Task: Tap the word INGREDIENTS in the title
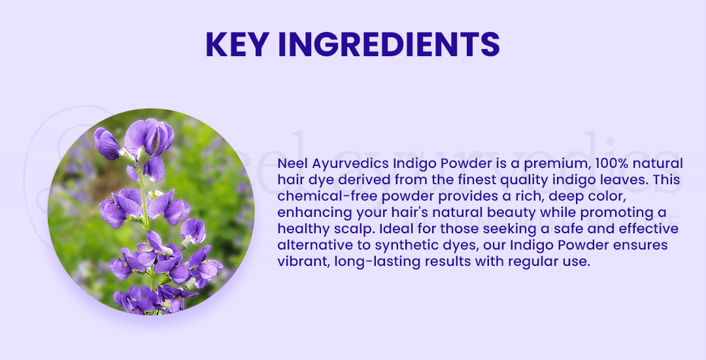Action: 389,44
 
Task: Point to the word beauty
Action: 513,213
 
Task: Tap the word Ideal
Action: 394,229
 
